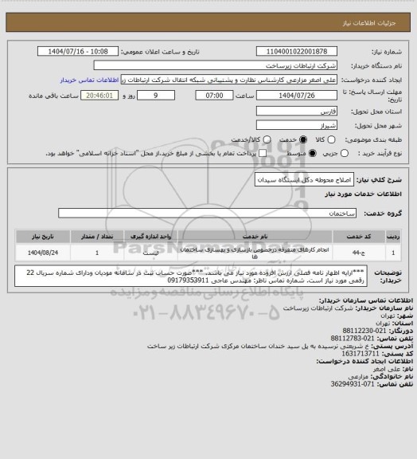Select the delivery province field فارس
(x=310, y=109)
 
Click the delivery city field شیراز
(x=310, y=124)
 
